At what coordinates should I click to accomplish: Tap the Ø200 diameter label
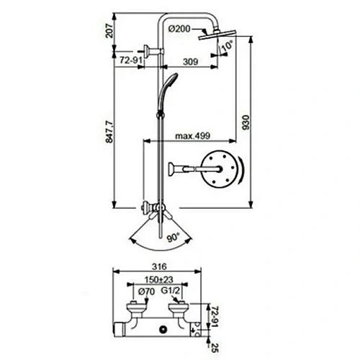coord(180,28)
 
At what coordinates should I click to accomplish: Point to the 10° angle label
coord(228,47)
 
